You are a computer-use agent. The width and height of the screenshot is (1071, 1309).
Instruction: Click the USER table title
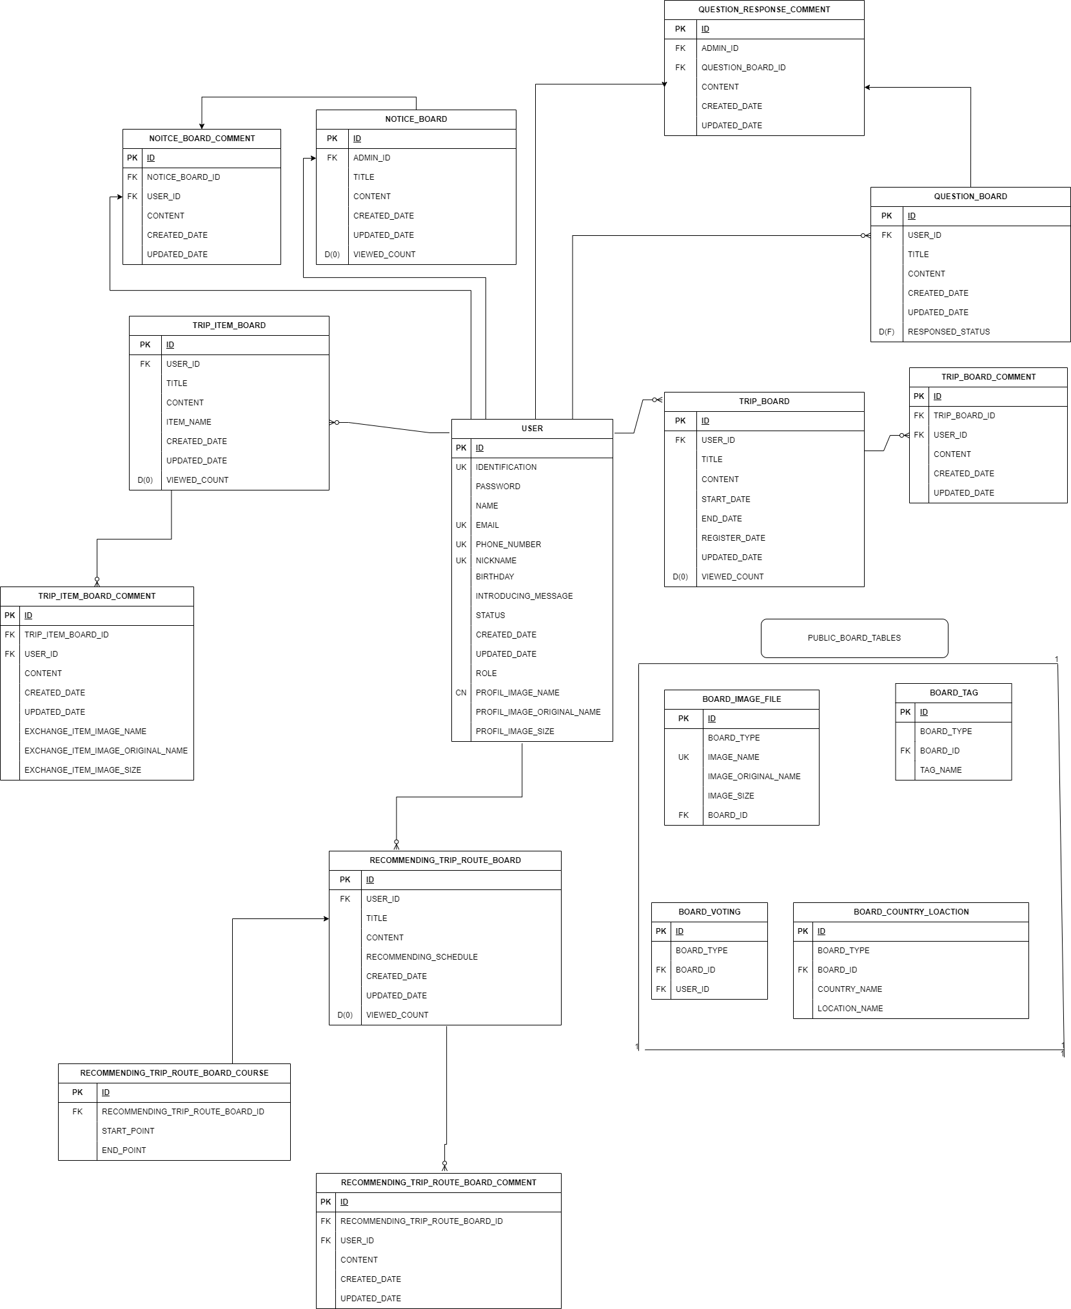tap(532, 429)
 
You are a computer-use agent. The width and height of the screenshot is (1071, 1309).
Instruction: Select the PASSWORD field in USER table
tap(498, 487)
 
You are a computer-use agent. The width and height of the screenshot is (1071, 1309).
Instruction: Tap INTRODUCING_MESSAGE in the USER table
tap(524, 596)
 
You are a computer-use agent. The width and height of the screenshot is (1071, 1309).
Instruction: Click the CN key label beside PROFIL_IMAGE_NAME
tap(461, 693)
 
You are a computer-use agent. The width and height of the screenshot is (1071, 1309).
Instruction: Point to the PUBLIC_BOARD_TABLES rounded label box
tap(854, 638)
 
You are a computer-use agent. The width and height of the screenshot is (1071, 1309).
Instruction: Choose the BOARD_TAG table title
tap(954, 693)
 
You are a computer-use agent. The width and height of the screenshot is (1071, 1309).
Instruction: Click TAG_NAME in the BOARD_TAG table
tap(941, 770)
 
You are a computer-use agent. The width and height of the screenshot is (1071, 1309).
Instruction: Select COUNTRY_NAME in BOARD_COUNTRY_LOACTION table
tap(850, 989)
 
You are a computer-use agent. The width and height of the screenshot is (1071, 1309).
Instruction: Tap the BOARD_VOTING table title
tap(709, 912)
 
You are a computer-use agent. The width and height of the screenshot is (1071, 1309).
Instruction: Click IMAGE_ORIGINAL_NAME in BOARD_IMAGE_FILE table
tap(754, 777)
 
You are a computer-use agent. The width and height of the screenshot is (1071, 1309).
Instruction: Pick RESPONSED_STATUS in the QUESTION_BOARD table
tap(948, 332)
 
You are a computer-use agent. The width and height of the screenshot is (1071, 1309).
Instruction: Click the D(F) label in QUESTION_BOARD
tap(887, 332)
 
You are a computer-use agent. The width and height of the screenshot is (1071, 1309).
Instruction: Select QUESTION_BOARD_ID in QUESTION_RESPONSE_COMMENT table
tap(743, 68)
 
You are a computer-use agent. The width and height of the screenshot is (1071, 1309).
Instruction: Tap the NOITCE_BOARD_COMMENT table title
tap(202, 139)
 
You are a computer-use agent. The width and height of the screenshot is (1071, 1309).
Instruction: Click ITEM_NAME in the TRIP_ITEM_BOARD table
tap(189, 422)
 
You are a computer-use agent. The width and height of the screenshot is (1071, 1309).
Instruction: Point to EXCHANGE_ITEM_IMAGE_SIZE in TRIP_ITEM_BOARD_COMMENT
tap(83, 770)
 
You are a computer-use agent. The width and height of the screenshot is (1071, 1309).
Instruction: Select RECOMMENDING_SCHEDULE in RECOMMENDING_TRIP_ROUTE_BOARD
tap(422, 957)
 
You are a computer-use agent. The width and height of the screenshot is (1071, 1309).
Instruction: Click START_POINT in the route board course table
tap(128, 1131)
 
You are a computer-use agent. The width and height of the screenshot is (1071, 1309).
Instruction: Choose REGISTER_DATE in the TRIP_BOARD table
tap(733, 538)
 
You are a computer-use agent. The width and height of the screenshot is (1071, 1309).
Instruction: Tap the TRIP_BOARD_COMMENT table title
tap(988, 377)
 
